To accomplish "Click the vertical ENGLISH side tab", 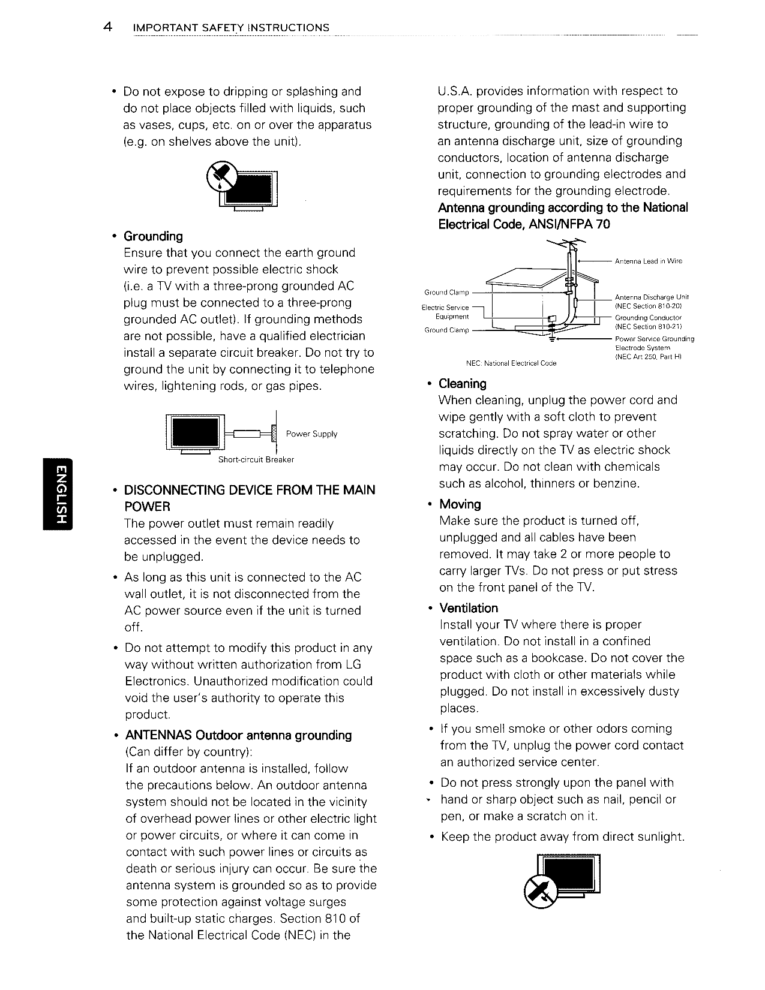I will pos(57,493).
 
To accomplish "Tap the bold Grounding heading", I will pos(153,236).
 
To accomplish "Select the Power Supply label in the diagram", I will pos(311,434).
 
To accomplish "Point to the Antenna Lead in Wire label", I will pos(649,261).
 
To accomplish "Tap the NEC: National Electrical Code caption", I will pos(511,363).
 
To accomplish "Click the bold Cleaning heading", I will pos(463,384).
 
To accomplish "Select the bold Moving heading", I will pos(460,504).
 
